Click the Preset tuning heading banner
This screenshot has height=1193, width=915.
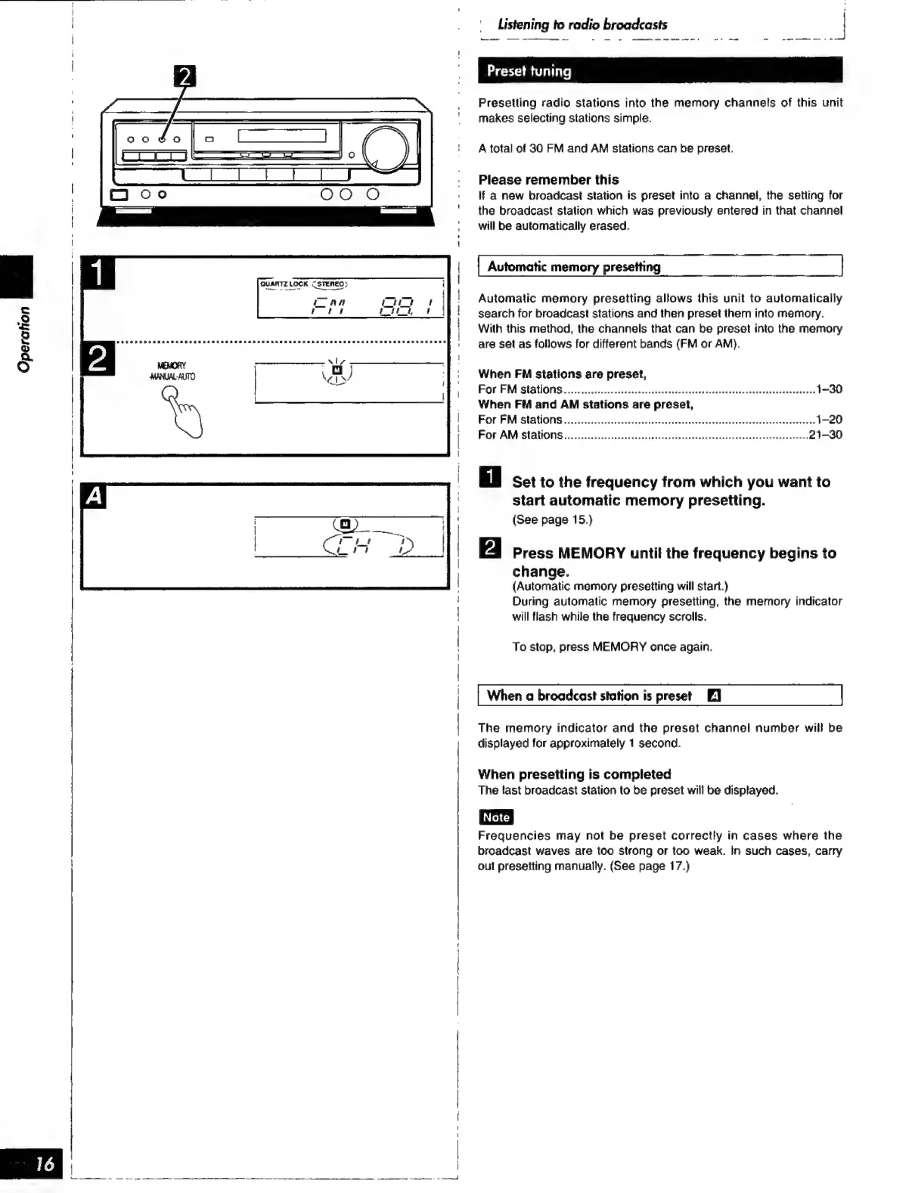659,71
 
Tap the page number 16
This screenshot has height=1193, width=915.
45,1164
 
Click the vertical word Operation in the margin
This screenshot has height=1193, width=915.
25,339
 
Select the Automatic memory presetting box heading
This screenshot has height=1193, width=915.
573,267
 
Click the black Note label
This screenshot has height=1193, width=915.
495,817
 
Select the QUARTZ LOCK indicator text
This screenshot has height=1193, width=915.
284,284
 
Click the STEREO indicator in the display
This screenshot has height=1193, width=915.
330,284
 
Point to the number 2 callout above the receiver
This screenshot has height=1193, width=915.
185,77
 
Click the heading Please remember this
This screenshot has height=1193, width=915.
548,180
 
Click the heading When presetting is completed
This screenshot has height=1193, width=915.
574,774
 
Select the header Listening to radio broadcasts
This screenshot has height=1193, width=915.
582,24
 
